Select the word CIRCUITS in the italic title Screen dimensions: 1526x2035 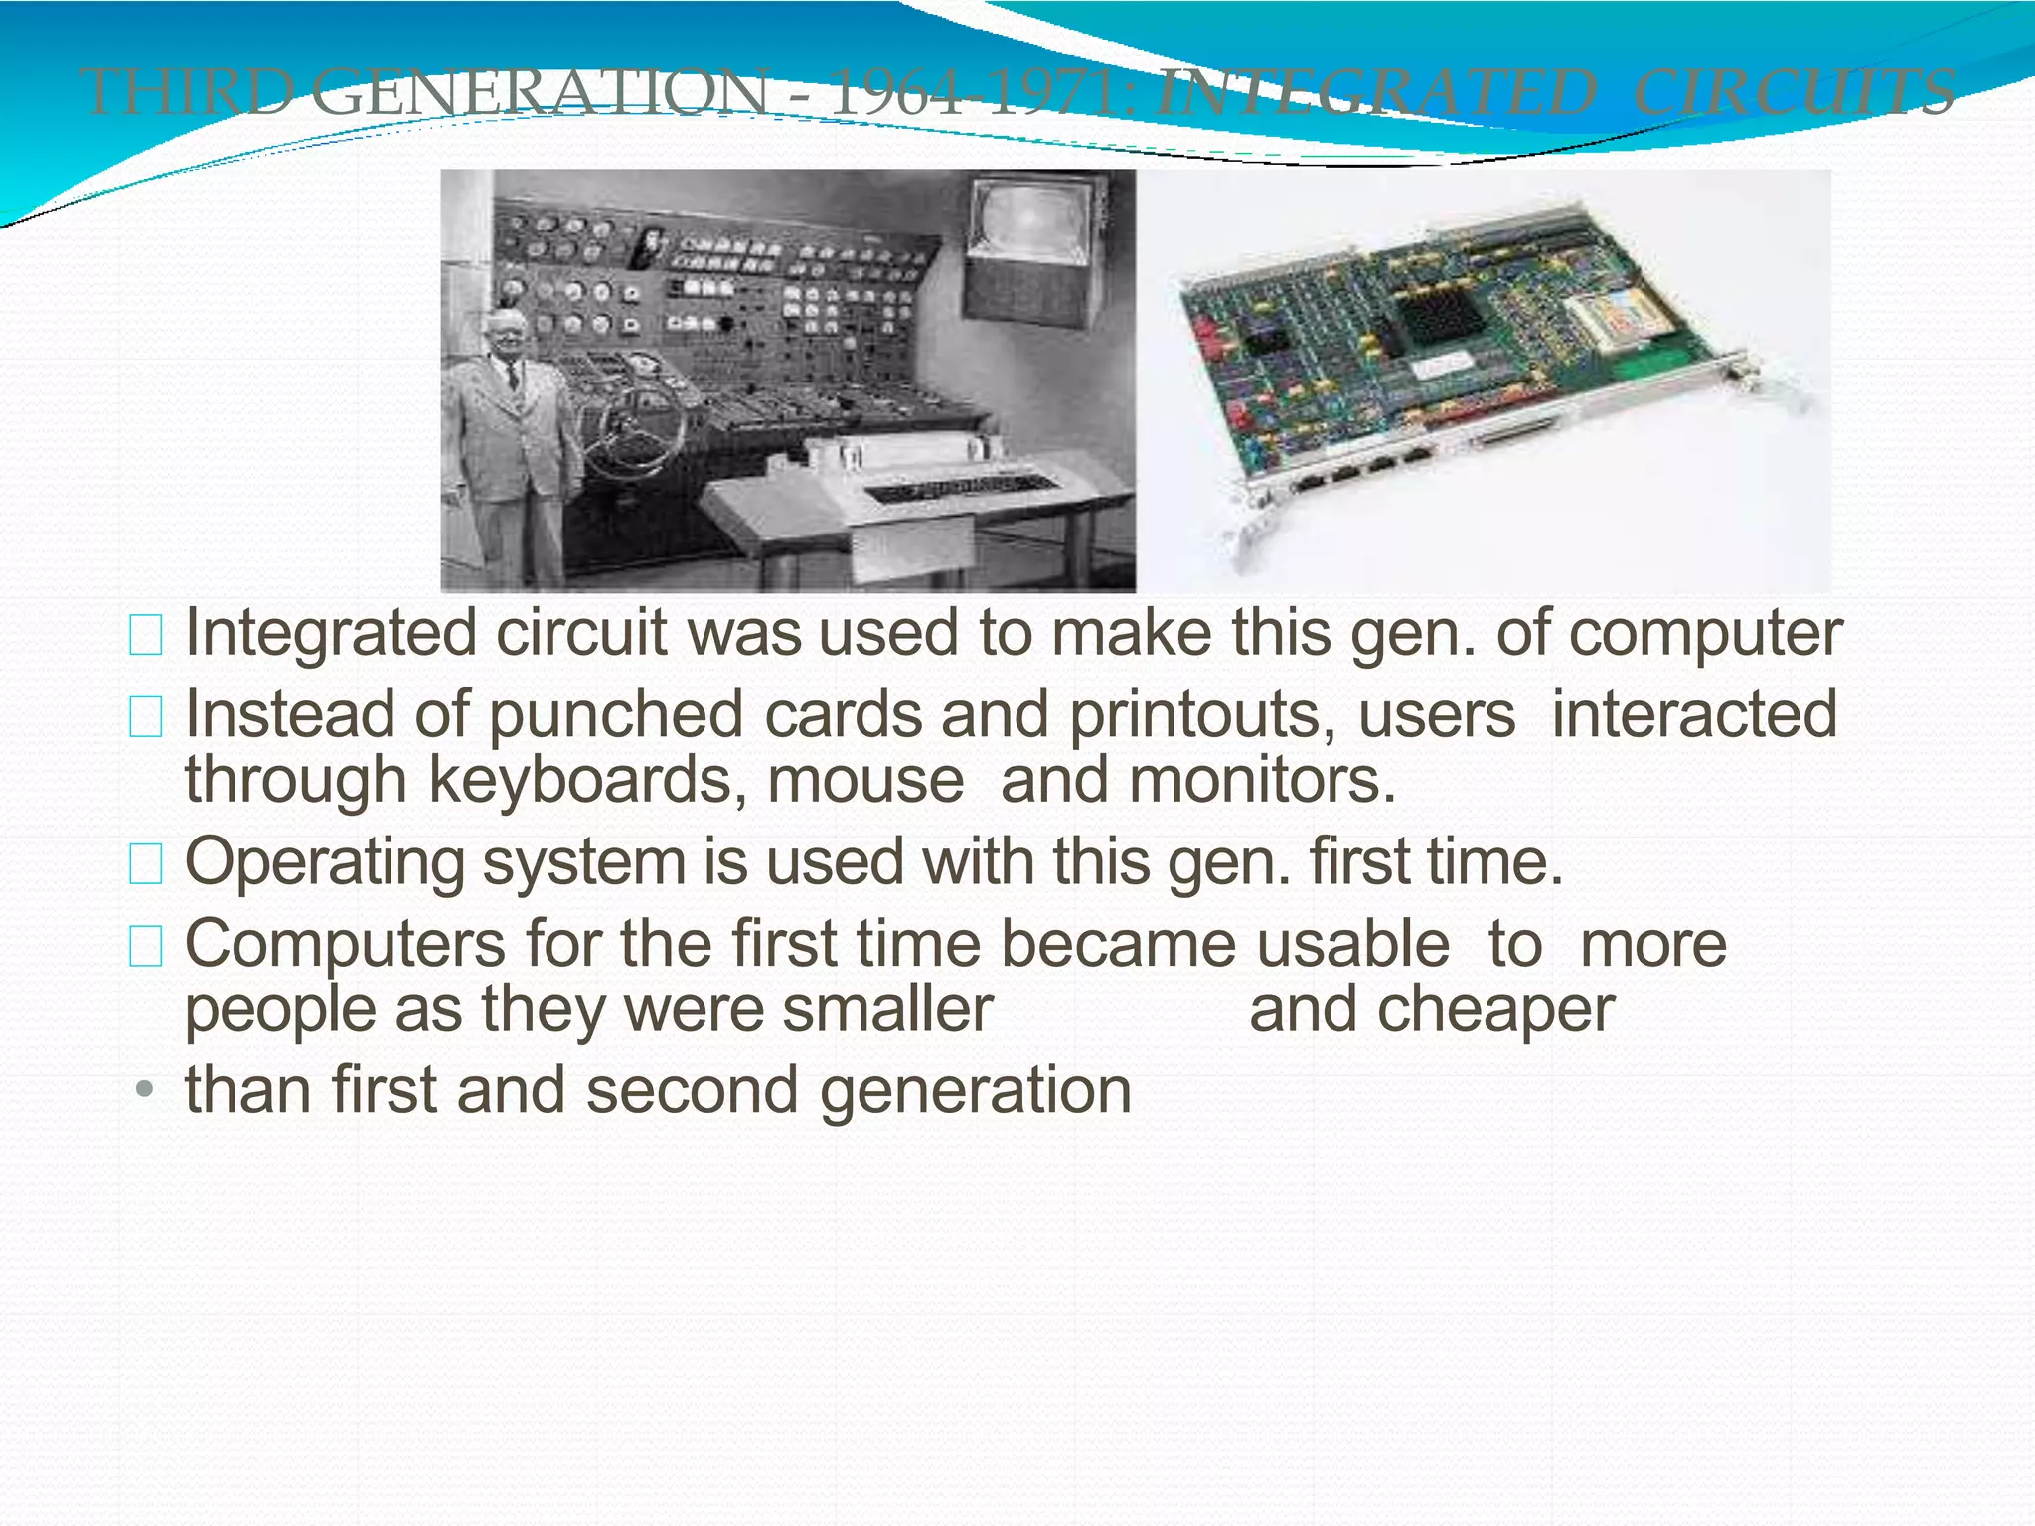pyautogui.click(x=1794, y=91)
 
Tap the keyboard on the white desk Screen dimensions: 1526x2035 pyautogui.click(x=959, y=487)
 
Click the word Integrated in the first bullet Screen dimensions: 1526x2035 pyautogui.click(x=331, y=634)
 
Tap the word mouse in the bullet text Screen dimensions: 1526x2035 pyautogui.click(x=865, y=780)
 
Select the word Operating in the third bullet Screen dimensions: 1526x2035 pyautogui.click(x=325, y=862)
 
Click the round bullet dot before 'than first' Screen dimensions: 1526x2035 pyautogui.click(x=145, y=1090)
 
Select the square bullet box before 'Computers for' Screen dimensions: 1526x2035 pyautogui.click(x=146, y=946)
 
